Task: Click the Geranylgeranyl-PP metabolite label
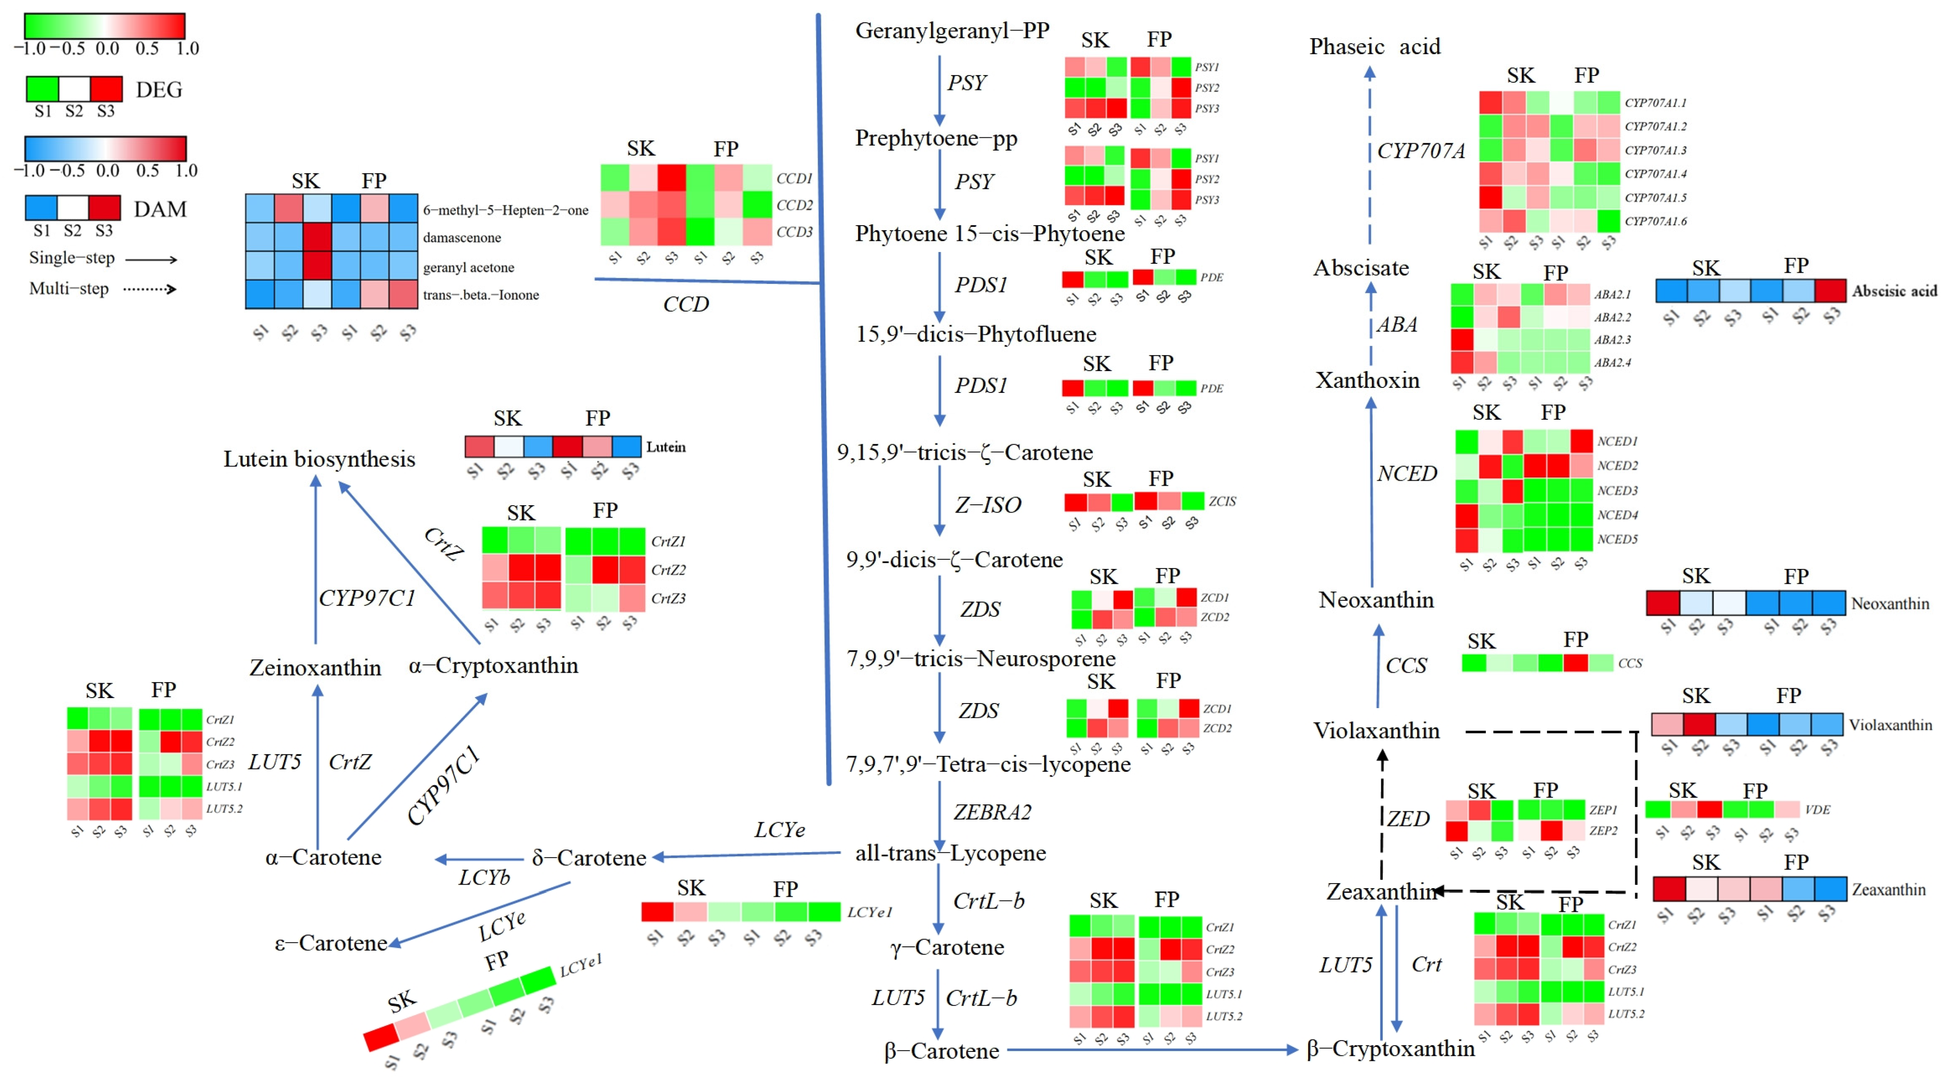[x=951, y=31]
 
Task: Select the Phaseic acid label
[x=1374, y=47]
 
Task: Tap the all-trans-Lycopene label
[x=950, y=853]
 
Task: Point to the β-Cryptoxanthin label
[x=1390, y=1049]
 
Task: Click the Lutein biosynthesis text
[x=318, y=459]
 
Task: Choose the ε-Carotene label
[x=331, y=943]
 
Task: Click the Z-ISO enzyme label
[x=988, y=505]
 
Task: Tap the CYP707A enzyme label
[x=1421, y=151]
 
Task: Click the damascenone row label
[x=461, y=238]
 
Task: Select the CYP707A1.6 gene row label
[x=1655, y=221]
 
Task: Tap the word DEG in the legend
[x=159, y=90]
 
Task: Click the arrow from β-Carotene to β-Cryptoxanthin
[x=1152, y=1049]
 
